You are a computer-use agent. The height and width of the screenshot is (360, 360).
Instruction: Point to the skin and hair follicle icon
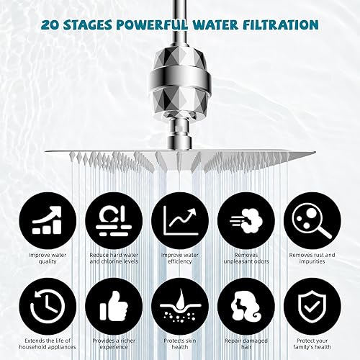179,307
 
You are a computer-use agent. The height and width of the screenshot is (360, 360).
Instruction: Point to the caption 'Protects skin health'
179,343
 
